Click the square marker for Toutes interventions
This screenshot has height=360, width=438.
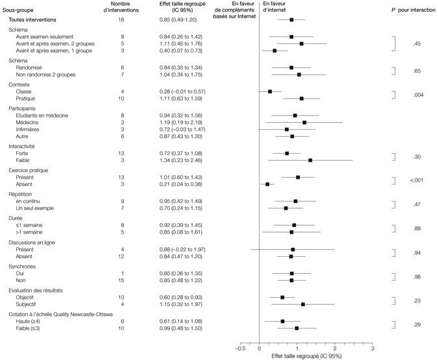291,20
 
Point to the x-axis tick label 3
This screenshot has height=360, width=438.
372,348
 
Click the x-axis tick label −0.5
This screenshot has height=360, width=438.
240,348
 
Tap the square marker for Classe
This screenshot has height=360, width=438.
270,91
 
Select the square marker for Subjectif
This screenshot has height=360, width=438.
303,304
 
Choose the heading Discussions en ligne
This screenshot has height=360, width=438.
31,242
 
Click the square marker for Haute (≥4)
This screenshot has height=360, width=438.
282,321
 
